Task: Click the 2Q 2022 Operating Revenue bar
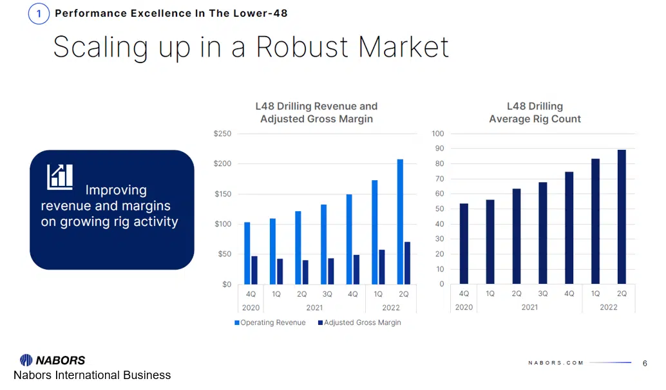(x=401, y=221)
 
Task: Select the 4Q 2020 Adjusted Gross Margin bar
(x=254, y=270)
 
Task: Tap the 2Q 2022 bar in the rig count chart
(x=622, y=217)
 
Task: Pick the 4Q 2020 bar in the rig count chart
(x=464, y=244)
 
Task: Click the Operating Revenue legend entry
(x=270, y=322)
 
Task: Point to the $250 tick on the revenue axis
(x=222, y=134)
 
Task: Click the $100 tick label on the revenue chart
(x=222, y=224)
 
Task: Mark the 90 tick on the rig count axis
(x=439, y=149)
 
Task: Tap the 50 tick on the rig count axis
(x=439, y=209)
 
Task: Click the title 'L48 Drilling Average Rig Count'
(x=535, y=113)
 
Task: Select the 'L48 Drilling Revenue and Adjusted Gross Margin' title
(x=316, y=113)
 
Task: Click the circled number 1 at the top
(x=39, y=14)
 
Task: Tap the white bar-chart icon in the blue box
(x=60, y=176)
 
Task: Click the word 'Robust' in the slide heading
(x=301, y=47)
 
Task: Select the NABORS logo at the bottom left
(x=53, y=360)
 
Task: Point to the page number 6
(x=645, y=363)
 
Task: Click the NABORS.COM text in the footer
(x=556, y=363)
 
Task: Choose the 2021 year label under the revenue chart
(x=314, y=308)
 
